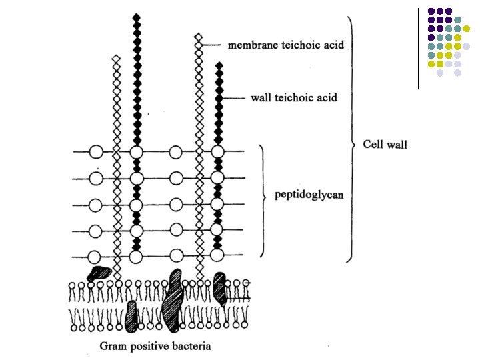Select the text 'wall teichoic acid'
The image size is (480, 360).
[x=293, y=97]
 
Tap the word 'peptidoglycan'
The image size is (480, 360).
[x=309, y=195]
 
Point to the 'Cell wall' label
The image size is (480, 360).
[x=384, y=144]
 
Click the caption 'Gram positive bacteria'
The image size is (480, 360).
[x=155, y=346]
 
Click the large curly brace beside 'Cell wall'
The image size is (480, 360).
[x=351, y=140]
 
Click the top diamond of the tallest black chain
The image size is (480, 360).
[x=137, y=17]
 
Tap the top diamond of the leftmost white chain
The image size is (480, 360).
[x=116, y=60]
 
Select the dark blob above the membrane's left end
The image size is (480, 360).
[x=99, y=272]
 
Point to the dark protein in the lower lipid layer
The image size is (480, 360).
[x=131, y=315]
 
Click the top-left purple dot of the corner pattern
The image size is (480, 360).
[x=431, y=11]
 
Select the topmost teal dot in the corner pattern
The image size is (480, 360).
[x=457, y=20]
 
